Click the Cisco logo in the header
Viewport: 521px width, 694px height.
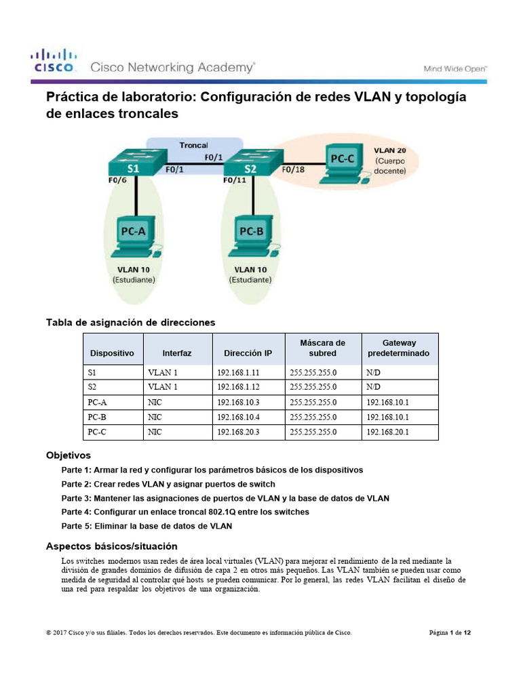[54, 60]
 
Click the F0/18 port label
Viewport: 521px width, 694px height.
[294, 170]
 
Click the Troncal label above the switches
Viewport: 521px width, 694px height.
[193, 145]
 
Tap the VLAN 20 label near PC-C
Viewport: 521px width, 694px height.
[391, 149]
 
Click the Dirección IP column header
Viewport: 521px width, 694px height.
[248, 353]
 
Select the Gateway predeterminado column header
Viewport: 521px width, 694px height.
[399, 348]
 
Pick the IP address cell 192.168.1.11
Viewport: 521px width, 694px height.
[238, 373]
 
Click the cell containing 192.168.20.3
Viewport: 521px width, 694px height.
[238, 432]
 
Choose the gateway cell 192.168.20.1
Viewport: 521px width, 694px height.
[387, 432]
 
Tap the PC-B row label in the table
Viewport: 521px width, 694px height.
[98, 417]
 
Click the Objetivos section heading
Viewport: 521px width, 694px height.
[68, 455]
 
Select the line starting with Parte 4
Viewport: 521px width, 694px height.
[185, 512]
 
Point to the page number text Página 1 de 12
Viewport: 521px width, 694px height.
[450, 633]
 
